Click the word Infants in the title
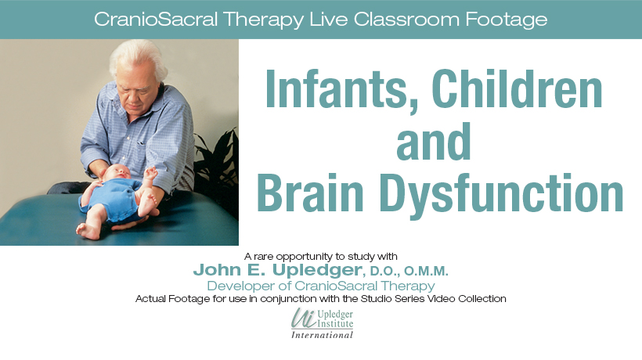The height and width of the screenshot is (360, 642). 336,88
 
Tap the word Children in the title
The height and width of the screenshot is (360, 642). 517,88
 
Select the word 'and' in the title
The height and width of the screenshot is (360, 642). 434,141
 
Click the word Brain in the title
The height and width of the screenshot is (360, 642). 310,193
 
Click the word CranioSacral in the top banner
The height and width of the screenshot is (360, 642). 156,20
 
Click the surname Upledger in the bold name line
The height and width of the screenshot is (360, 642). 317,271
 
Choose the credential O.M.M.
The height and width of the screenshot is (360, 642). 426,271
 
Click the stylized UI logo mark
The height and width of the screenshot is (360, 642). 304,319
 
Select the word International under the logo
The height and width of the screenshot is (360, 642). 322,335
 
